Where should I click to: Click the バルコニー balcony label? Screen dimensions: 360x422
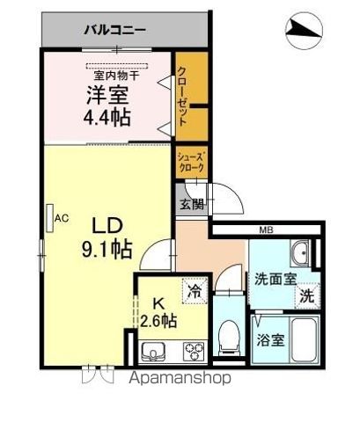coord(114,30)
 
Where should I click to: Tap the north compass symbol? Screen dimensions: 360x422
coord(304,31)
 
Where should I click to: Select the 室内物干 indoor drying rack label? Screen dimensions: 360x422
coord(116,76)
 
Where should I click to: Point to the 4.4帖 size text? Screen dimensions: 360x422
coord(107,118)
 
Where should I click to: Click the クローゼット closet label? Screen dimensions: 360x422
coord(182,97)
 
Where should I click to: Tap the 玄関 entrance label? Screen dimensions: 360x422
coord(192,204)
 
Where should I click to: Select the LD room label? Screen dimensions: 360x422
coord(107,226)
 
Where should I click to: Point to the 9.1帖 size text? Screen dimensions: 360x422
coord(107,249)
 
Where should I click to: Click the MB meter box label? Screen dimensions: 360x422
coord(266,230)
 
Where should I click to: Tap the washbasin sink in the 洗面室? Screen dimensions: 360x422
coord(300,253)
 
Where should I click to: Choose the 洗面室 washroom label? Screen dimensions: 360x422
coord(276,279)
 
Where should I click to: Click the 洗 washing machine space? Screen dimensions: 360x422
coord(307,295)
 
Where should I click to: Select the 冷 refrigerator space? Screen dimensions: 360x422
coord(195,291)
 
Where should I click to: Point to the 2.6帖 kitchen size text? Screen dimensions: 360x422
coord(158,321)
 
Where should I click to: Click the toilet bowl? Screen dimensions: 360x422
coord(229,338)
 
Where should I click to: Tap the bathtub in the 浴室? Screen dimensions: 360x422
coord(304,339)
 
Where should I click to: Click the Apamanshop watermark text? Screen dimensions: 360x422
coord(180,378)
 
